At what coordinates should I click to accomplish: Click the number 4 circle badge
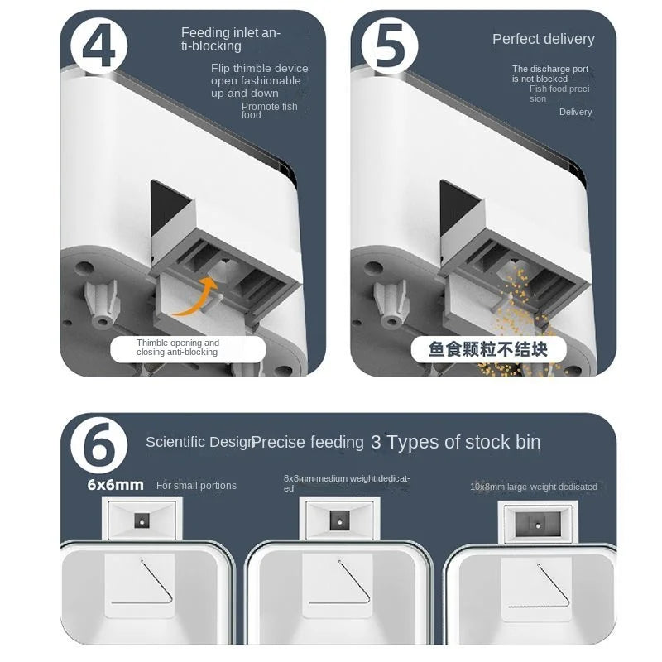click(98, 46)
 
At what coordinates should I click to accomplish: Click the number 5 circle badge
click(390, 46)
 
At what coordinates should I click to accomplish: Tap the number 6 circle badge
click(98, 445)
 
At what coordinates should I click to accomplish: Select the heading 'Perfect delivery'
click(544, 39)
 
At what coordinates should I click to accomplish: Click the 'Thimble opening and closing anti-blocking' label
click(177, 347)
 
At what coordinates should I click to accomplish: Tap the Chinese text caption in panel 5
click(488, 349)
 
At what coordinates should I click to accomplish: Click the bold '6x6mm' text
click(115, 485)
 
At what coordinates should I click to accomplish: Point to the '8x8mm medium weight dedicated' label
click(347, 483)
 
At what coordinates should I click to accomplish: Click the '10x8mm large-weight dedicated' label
click(534, 487)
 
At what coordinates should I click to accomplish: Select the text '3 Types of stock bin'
click(456, 442)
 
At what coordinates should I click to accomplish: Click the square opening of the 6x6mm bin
click(142, 520)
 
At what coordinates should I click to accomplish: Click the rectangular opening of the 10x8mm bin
click(538, 524)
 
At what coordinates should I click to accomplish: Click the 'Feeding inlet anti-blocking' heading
click(231, 39)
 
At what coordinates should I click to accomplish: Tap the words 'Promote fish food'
click(270, 111)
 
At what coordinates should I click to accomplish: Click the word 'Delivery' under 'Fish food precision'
click(575, 112)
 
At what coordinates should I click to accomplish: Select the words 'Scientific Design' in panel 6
click(199, 442)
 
